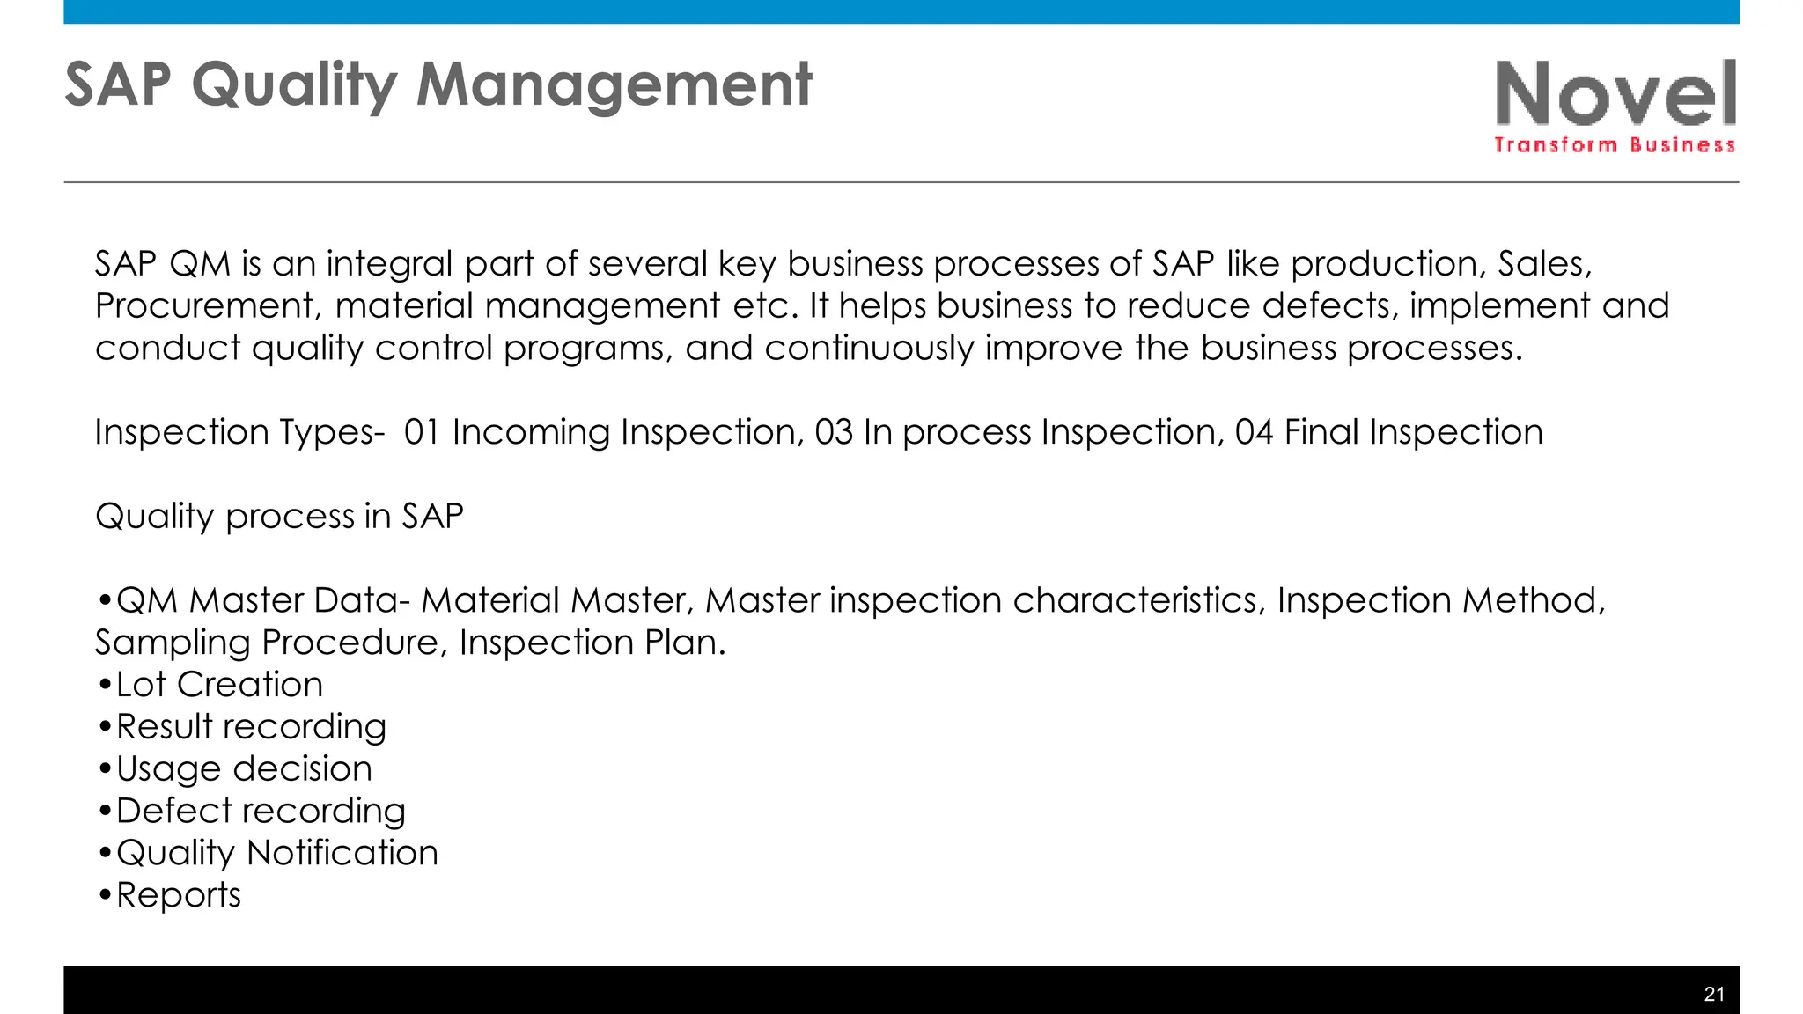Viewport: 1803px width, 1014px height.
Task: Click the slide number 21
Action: pos(1713,994)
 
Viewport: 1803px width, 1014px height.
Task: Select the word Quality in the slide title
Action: pos(294,85)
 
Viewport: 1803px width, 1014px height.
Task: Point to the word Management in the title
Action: pos(614,85)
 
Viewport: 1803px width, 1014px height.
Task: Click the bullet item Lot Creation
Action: pos(219,685)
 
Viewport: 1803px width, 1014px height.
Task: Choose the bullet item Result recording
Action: pos(251,727)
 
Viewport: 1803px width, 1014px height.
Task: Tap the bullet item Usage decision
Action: pos(244,769)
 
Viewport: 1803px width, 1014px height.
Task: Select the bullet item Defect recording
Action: pos(261,811)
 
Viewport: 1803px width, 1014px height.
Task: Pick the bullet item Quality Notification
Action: pos(276,853)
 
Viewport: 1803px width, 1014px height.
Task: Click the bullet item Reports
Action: pos(178,895)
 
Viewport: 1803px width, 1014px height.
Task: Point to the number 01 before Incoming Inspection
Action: pos(422,432)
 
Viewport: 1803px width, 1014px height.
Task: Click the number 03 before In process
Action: pos(833,432)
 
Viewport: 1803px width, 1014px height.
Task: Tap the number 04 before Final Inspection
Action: pos(1253,432)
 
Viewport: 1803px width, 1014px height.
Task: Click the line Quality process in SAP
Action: pos(279,516)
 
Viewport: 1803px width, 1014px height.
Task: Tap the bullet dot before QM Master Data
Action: pos(104,601)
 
